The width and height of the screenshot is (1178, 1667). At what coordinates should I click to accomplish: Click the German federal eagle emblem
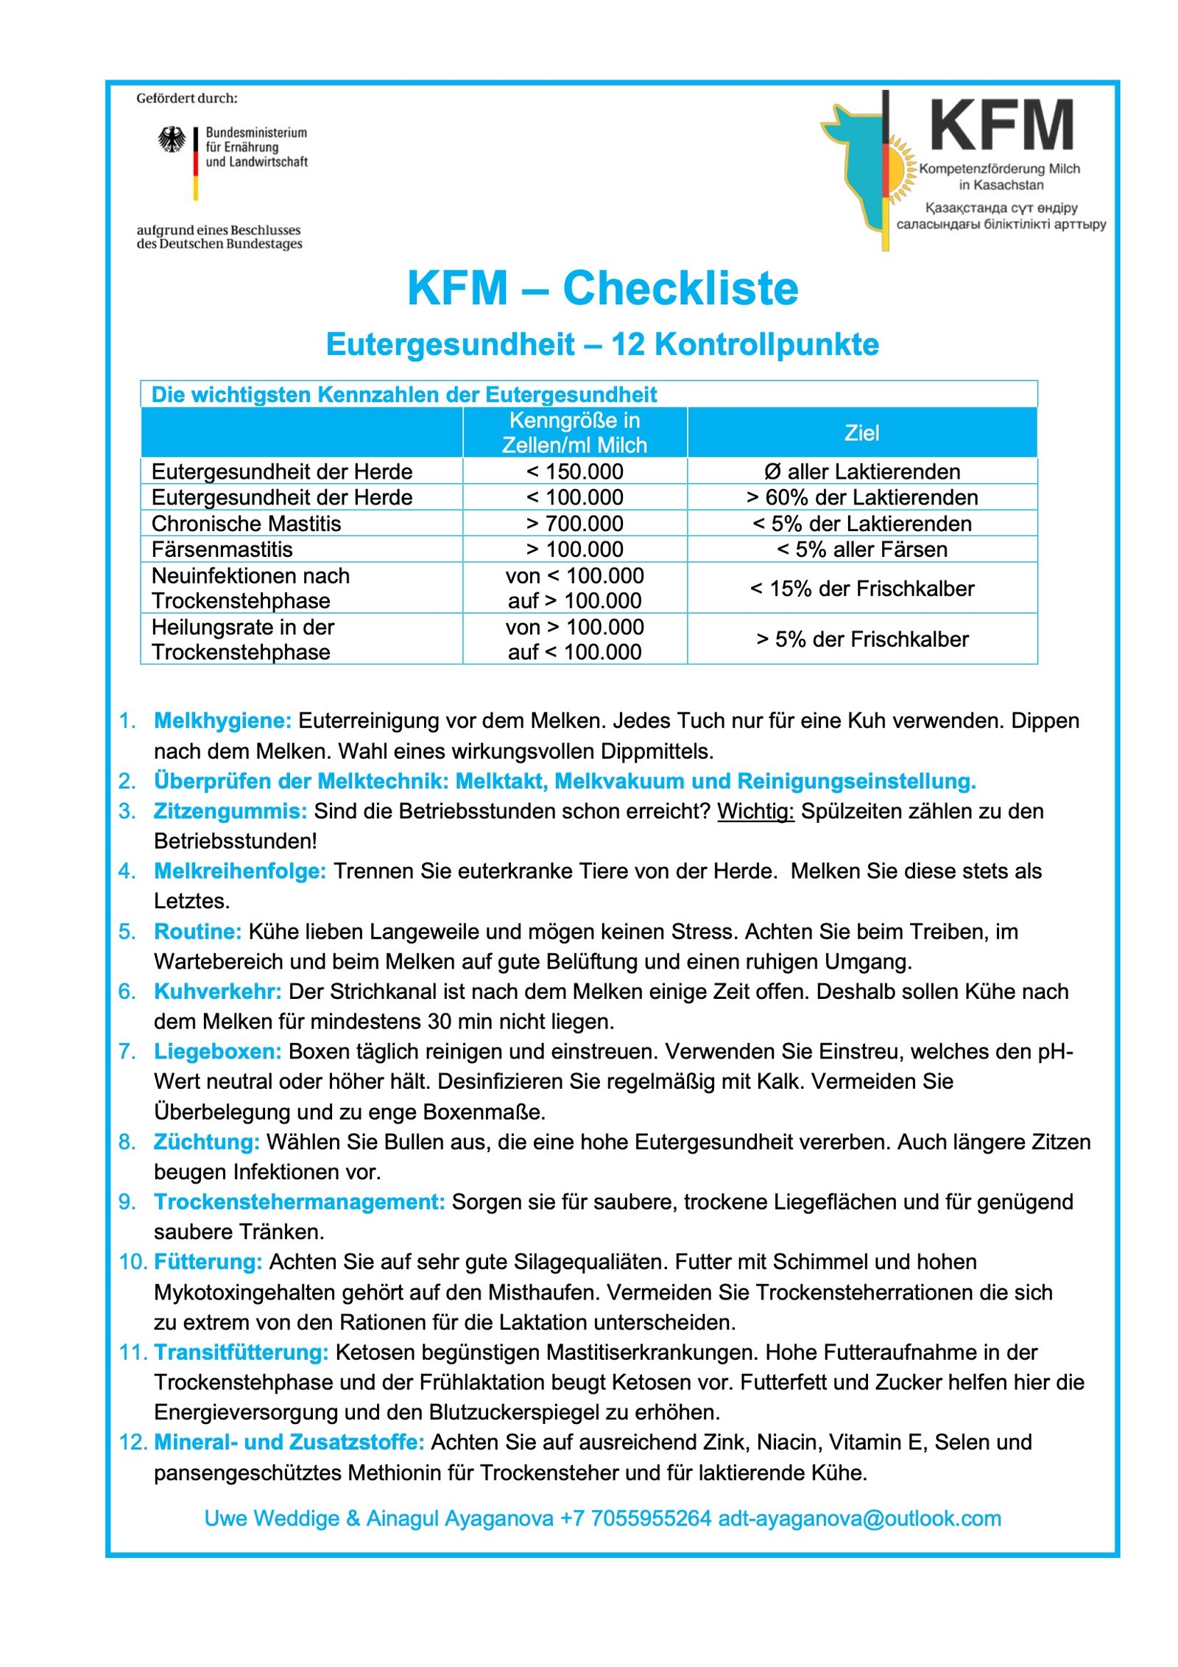172,139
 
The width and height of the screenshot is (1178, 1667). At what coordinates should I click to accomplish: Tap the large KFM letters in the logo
1001,127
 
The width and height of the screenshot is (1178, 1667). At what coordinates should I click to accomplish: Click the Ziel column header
861,432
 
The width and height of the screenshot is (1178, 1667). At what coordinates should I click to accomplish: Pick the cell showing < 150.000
574,471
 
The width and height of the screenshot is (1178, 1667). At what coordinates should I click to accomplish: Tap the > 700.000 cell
574,524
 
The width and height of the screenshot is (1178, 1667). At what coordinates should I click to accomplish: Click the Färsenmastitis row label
222,550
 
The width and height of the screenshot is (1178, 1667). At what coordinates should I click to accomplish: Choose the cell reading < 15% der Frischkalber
861,589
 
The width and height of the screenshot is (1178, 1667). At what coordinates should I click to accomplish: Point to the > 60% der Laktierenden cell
861,498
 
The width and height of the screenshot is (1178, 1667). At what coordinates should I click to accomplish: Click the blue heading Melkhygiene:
222,720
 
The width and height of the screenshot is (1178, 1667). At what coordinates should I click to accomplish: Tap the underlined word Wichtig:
755,811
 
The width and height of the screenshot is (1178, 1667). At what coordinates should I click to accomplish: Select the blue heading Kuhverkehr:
217,992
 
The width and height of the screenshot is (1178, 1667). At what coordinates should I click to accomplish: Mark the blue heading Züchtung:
206,1142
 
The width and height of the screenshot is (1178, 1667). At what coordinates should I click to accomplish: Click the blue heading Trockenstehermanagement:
299,1202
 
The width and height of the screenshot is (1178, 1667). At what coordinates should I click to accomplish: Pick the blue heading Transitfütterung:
241,1352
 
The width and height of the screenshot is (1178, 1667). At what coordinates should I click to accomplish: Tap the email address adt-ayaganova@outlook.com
859,1518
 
